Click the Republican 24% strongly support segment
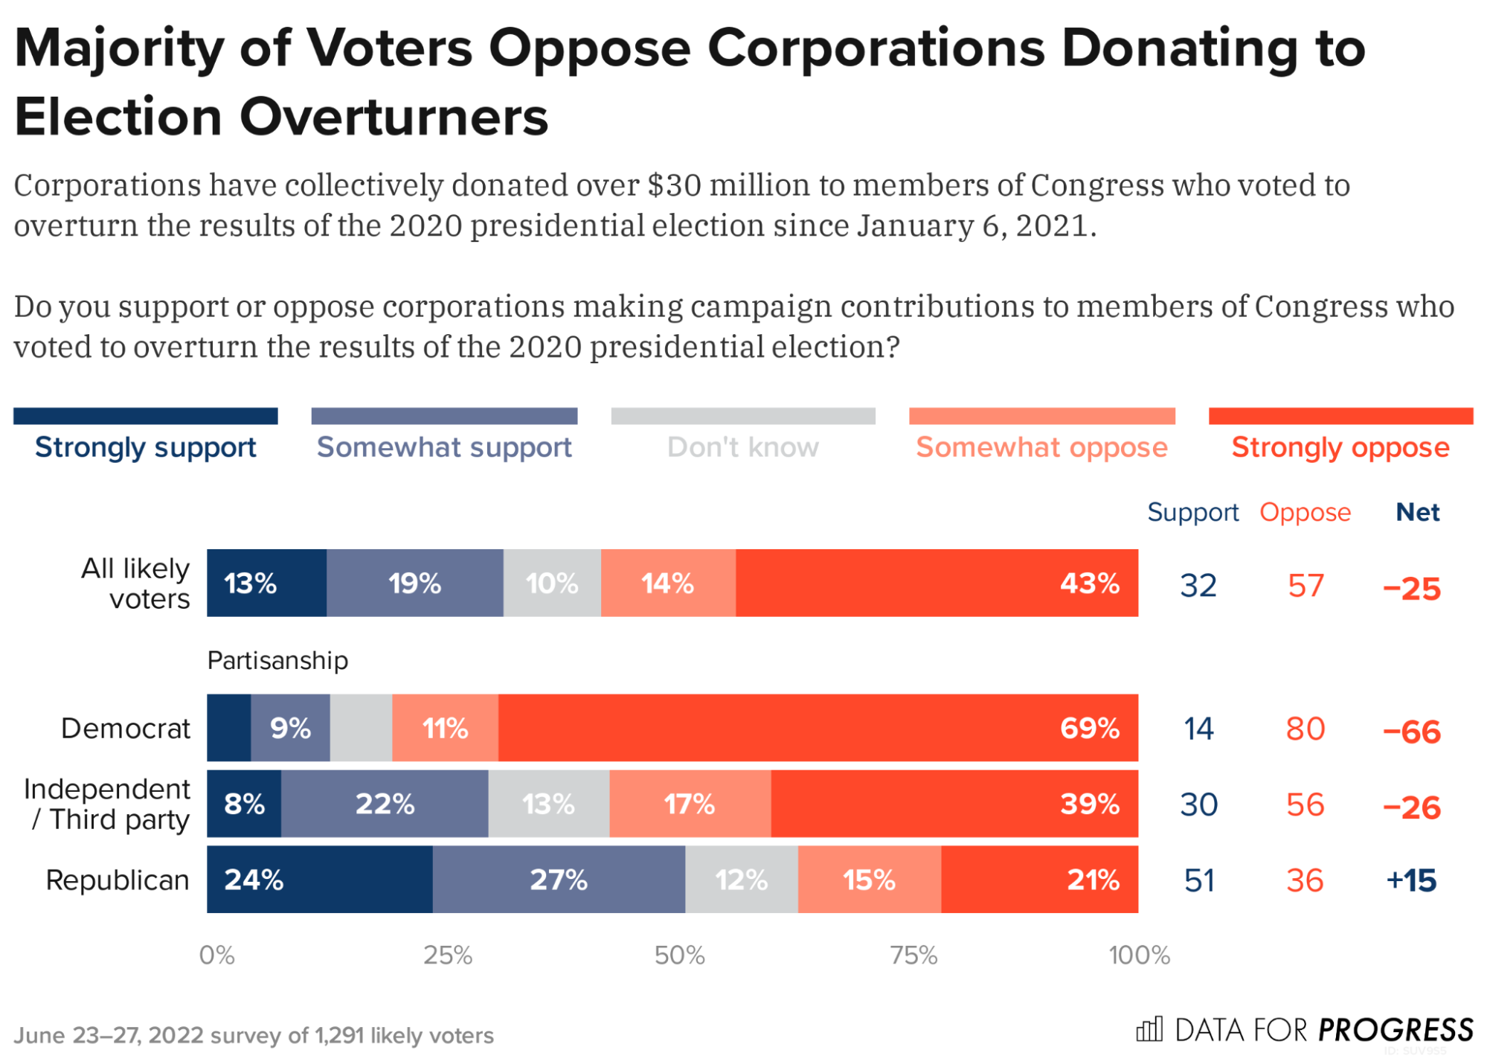coord(319,879)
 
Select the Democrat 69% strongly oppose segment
coord(818,727)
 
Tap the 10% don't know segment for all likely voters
coord(552,583)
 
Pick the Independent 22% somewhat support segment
coord(385,804)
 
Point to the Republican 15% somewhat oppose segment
coord(869,879)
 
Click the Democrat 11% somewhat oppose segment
coord(445,727)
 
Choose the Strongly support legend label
coord(145,447)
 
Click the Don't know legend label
coord(742,447)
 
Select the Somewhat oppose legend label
coord(1041,447)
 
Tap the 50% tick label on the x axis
coord(679,955)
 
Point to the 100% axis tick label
coord(1139,955)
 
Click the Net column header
coord(1417,512)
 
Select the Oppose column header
coord(1305,512)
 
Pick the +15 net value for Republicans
coord(1411,880)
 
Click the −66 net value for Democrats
coord(1411,732)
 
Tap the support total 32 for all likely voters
coord(1198,586)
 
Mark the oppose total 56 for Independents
coord(1305,804)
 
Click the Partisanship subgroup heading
coord(277,660)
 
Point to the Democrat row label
coord(126,728)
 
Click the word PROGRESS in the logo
coord(1395,1030)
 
